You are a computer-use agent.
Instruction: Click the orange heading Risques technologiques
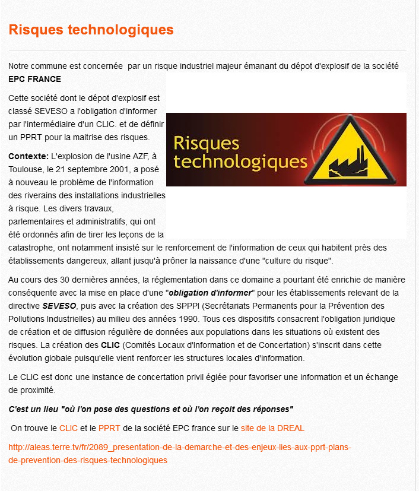(x=91, y=30)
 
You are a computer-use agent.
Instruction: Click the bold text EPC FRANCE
(x=34, y=79)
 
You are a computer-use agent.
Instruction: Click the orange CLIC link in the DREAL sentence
(x=69, y=427)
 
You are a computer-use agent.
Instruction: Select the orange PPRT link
(x=109, y=427)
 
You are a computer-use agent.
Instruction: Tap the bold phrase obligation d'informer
(x=211, y=293)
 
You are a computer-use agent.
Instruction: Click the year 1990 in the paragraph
(x=129, y=319)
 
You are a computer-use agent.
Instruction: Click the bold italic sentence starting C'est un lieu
(x=151, y=409)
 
